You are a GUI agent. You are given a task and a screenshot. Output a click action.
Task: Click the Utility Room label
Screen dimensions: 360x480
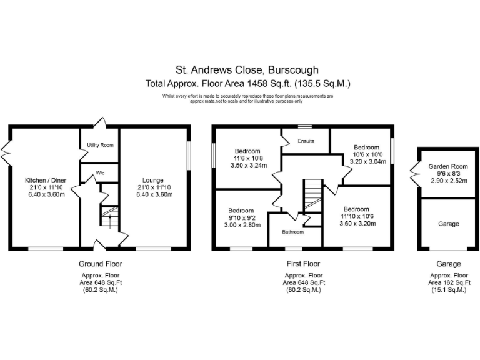[x=99, y=145]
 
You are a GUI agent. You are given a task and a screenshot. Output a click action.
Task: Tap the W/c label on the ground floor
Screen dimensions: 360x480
[x=99, y=173]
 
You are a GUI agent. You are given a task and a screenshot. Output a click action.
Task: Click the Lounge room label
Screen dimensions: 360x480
[x=155, y=181]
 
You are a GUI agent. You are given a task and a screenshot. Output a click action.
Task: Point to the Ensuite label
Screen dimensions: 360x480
[x=306, y=141]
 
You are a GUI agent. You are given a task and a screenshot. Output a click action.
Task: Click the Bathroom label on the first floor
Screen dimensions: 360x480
[x=292, y=232]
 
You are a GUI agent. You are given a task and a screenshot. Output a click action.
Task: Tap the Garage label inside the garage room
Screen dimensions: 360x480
[x=448, y=224]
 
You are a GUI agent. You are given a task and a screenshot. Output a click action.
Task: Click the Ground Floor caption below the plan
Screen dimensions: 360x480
[x=100, y=264]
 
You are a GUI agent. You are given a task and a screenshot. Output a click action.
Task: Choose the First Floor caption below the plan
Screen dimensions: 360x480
[x=302, y=264]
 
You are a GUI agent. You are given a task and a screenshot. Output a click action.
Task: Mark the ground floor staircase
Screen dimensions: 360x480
[x=109, y=219]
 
